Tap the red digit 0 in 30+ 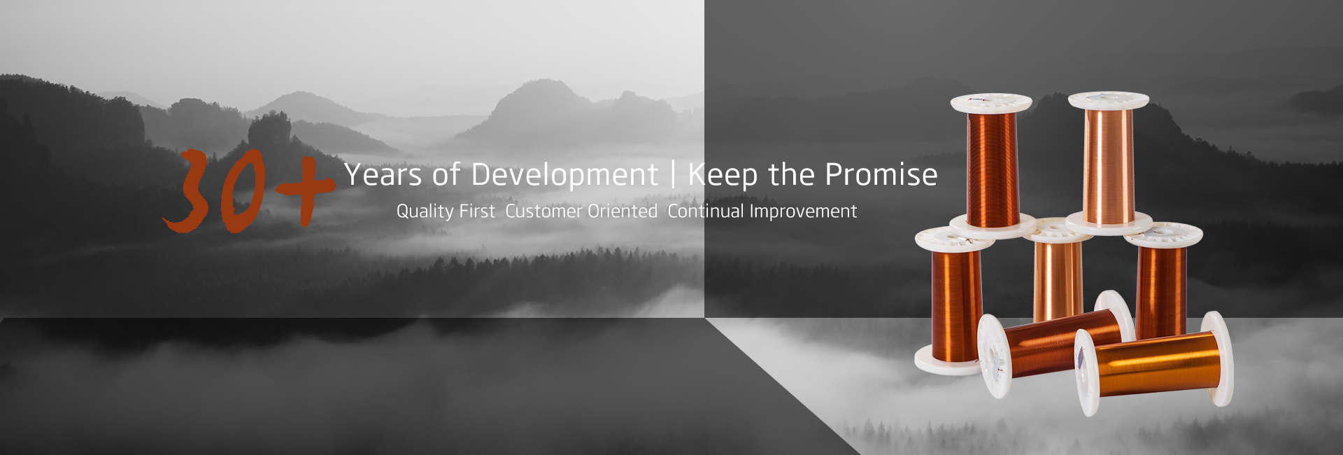coord(242,192)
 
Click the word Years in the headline coord(383,174)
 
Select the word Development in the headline coord(564,175)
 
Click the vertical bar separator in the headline coord(673,175)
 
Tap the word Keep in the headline coord(723,175)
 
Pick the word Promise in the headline coord(881,174)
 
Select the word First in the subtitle coord(477,211)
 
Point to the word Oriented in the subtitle coord(623,211)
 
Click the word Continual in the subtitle coord(706,211)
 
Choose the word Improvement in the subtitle coord(803,211)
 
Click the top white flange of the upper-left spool coord(991,103)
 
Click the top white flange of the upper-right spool coord(1109,100)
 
